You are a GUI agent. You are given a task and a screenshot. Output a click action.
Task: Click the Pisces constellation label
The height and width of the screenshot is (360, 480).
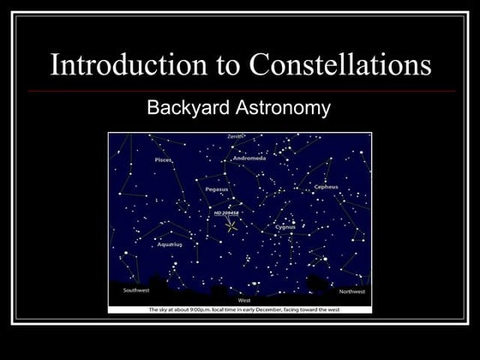(163, 159)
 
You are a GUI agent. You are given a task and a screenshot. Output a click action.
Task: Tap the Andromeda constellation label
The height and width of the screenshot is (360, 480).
(249, 159)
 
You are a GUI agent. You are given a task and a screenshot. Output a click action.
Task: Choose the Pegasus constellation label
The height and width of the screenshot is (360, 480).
(217, 189)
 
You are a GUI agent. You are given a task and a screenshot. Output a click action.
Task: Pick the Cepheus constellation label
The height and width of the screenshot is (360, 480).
(326, 186)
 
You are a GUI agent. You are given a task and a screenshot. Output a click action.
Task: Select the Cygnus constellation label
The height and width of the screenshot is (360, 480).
(285, 227)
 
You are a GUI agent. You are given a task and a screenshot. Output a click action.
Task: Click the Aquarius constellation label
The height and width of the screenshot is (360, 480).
(170, 244)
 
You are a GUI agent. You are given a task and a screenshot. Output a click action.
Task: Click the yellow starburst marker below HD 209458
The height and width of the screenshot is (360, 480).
(231, 227)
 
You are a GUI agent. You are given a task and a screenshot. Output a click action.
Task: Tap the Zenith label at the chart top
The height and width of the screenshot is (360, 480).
(236, 136)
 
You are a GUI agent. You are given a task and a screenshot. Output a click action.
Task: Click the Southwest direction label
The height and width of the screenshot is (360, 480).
(136, 290)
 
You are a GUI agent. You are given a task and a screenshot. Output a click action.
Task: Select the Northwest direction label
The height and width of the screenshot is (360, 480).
(351, 291)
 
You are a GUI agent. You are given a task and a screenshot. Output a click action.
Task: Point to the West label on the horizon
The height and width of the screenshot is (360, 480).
(244, 300)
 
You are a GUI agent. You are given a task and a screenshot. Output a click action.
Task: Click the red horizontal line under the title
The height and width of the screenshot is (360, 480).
(240, 90)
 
